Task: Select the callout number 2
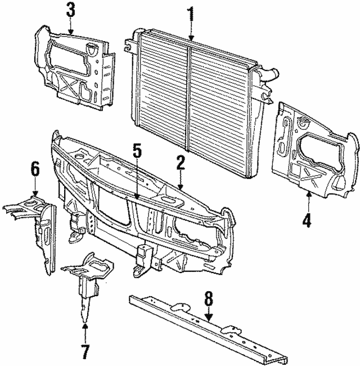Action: click(x=180, y=163)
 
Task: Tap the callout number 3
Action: click(x=70, y=10)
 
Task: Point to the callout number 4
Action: click(x=307, y=220)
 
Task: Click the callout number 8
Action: click(x=209, y=299)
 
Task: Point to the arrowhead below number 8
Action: click(x=209, y=319)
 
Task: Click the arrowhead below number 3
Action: click(x=70, y=33)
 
